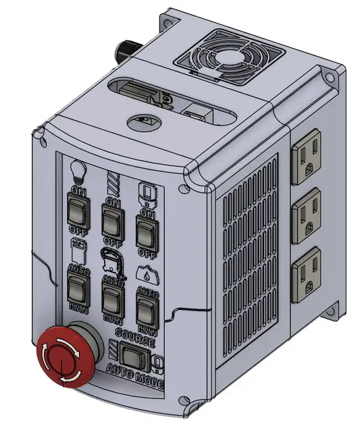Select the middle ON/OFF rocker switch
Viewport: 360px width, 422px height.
tap(112, 219)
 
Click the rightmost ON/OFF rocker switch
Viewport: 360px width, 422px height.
tap(145, 231)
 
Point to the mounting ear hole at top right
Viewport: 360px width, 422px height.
tap(329, 77)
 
